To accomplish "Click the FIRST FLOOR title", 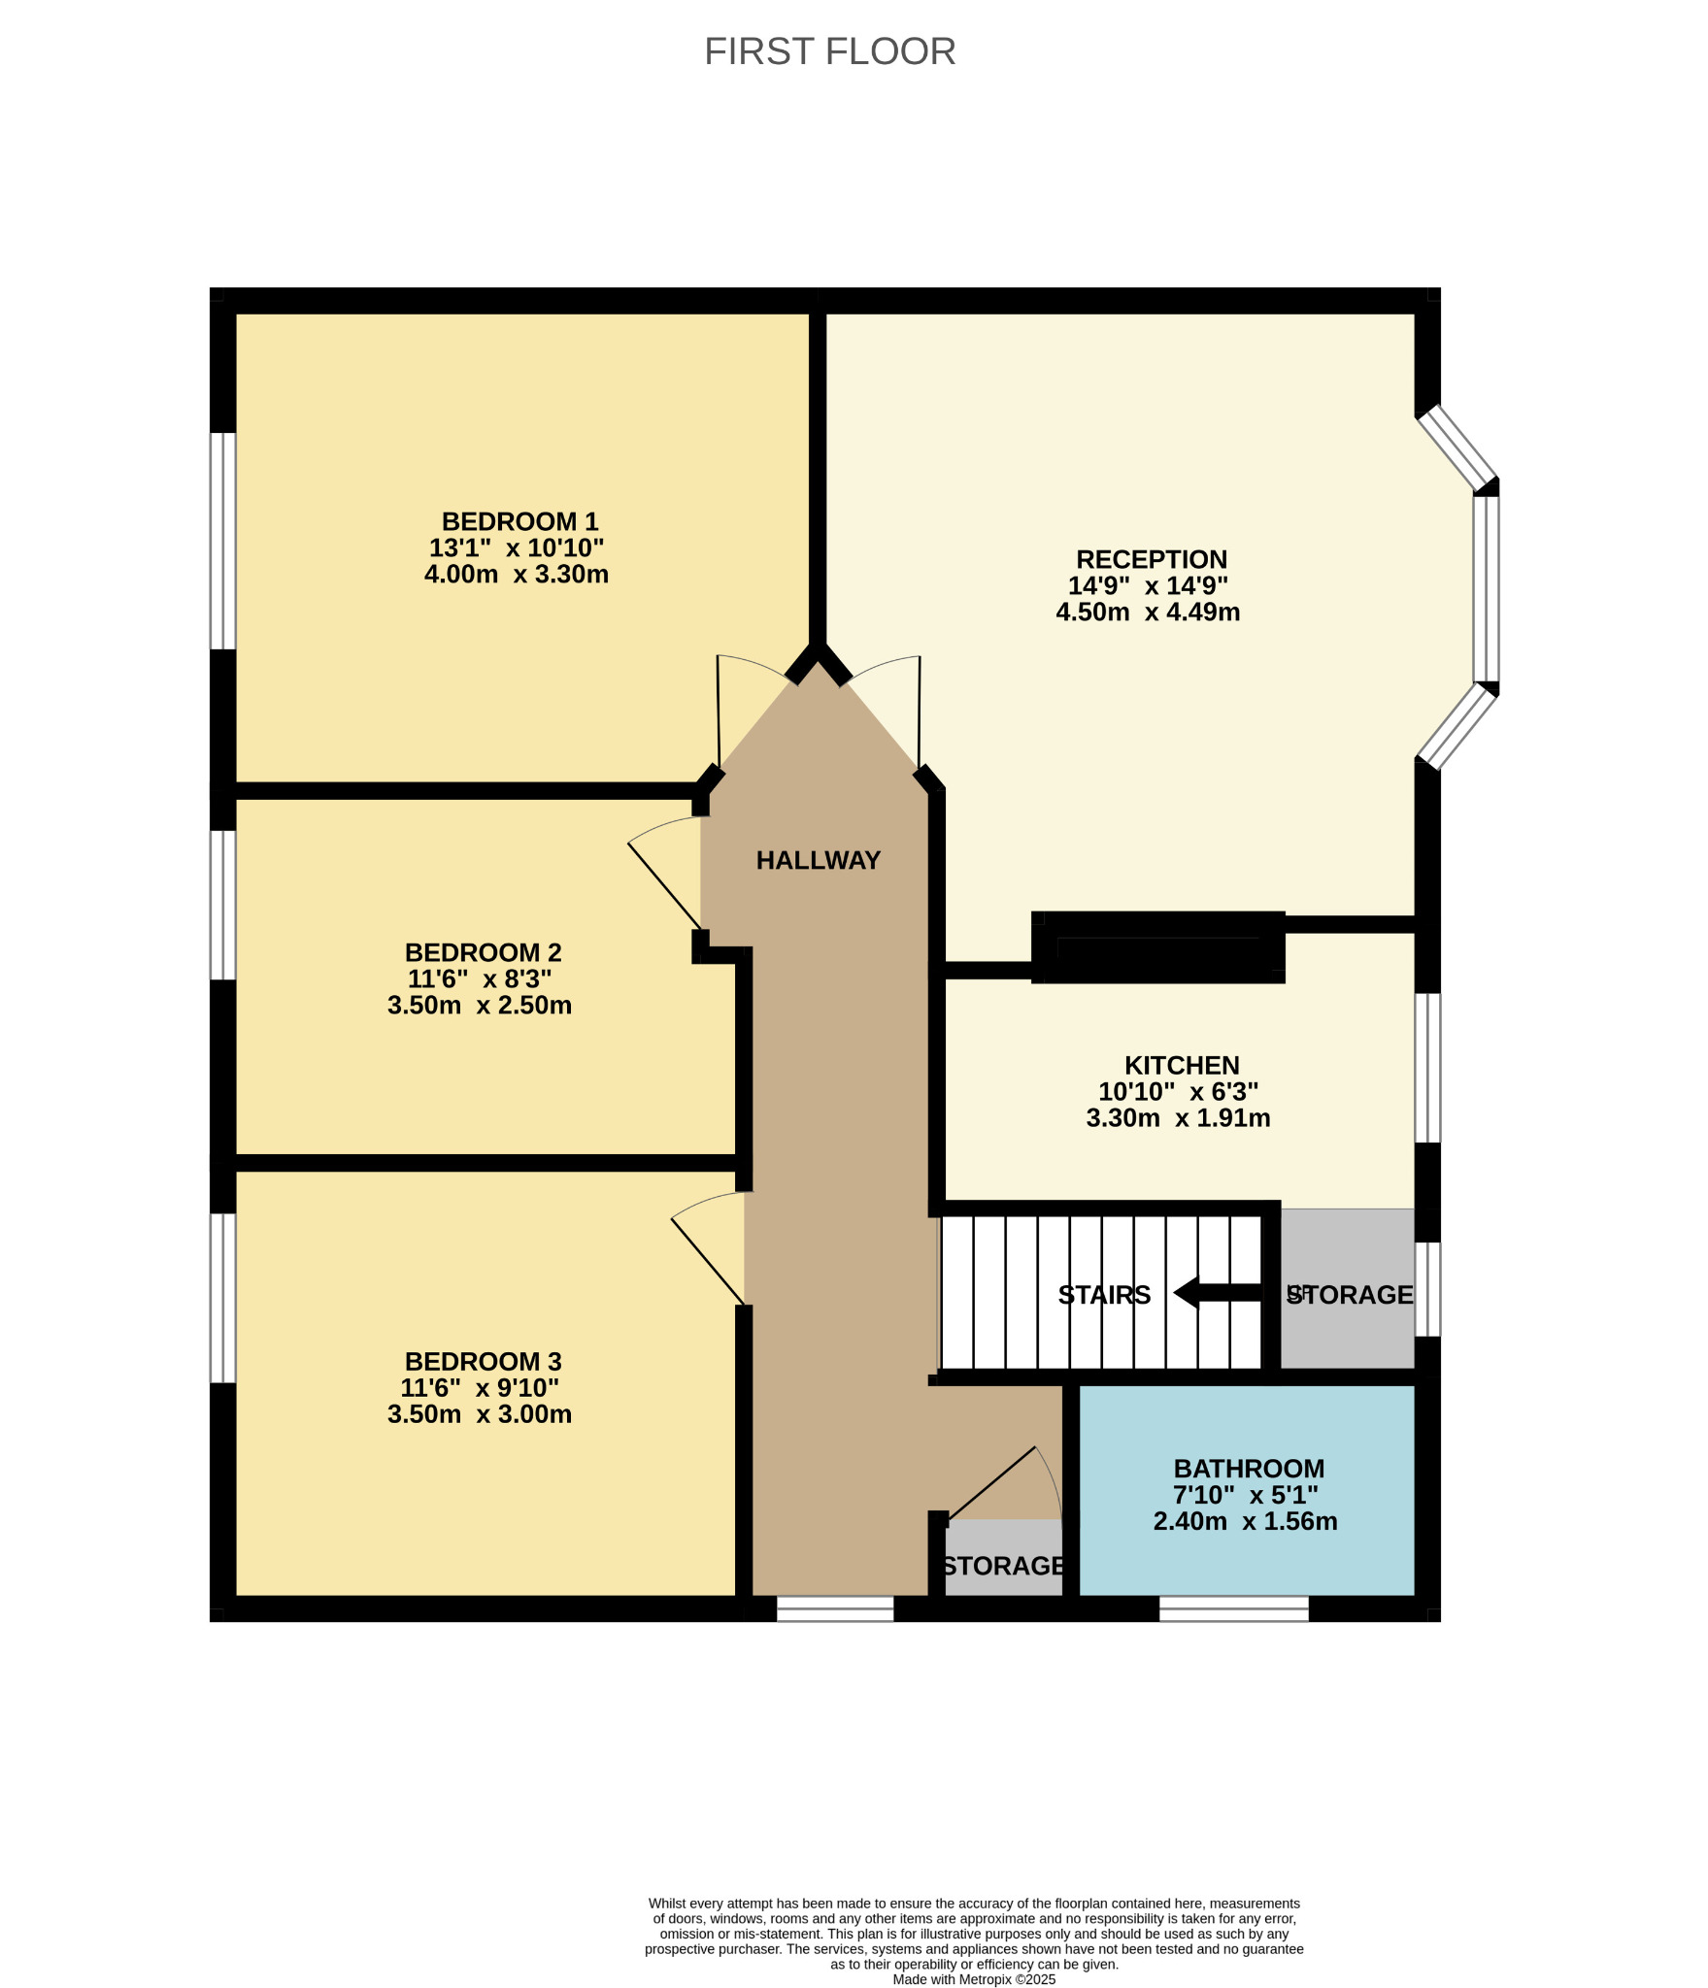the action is coord(829,51).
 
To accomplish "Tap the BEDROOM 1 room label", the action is coord(519,521).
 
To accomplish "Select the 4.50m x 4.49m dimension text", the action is coord(1148,613).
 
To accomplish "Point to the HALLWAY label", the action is coord(818,860).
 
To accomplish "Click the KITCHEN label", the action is coord(1182,1065).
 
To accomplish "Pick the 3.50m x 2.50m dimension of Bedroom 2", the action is coord(480,1006).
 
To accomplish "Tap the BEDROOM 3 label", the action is coord(483,1362).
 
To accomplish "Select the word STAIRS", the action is coord(1104,1295).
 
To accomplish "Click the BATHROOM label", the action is coord(1249,1469).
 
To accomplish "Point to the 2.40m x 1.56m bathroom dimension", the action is coord(1245,1521).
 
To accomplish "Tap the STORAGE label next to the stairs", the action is coord(1350,1295).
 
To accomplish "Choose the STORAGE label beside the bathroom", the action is coord(1004,1566).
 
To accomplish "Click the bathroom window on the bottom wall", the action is coord(1234,1608).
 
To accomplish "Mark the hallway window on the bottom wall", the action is coord(835,1608).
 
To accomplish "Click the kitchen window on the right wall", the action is coord(1427,1068).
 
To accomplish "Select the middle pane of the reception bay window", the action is coord(1487,589).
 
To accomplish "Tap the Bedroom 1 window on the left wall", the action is coord(223,541).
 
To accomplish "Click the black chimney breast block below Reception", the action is coord(1158,947).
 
